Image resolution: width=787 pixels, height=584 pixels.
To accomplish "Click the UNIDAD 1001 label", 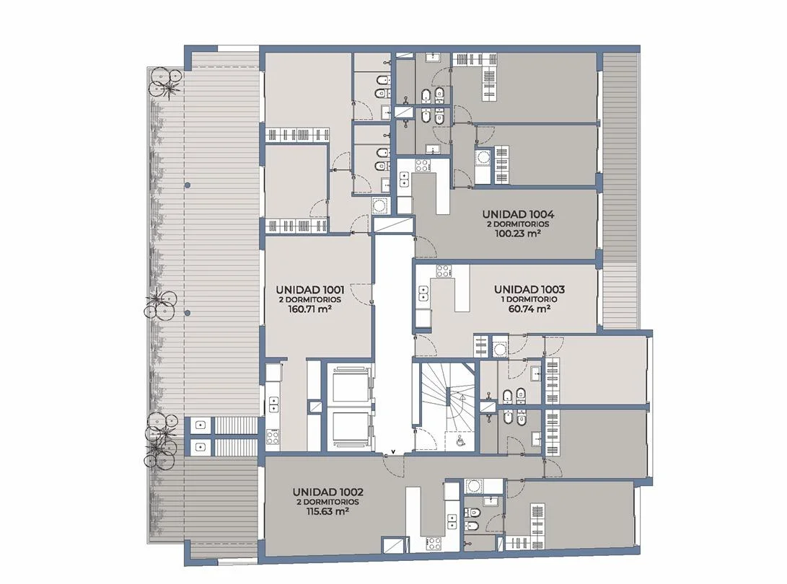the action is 309,290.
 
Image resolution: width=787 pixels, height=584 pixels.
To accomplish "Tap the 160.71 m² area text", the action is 309,309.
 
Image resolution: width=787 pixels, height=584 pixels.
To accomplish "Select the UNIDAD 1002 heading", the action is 327,492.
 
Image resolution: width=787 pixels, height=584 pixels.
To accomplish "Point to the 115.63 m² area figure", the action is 327,512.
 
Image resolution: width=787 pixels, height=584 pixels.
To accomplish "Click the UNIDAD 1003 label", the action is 529,290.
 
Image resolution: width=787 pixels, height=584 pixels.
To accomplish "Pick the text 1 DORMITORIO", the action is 529,299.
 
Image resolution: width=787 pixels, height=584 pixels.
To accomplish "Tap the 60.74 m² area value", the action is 529,309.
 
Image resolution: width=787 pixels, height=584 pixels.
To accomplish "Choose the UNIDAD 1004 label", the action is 517,214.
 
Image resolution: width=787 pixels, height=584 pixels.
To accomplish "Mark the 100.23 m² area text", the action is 517,234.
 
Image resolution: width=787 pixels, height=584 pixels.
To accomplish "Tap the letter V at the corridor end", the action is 393,451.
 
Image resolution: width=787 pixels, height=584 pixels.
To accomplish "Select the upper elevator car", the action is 351,386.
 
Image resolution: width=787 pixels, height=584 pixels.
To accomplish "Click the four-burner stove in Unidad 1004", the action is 421,165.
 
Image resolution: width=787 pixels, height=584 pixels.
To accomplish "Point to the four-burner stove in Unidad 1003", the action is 444,271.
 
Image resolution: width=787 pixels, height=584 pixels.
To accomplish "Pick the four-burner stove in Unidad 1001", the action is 274,436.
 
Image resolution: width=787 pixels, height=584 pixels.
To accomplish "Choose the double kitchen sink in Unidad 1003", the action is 423,293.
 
